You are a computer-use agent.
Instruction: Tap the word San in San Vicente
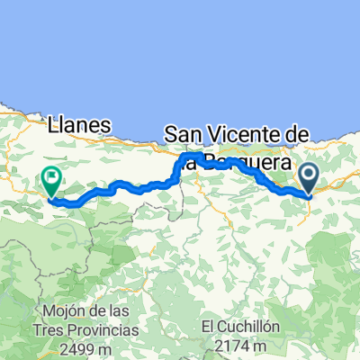pos(183,135)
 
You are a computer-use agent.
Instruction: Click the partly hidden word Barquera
pos(243,164)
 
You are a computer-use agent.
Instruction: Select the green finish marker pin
pos(51,183)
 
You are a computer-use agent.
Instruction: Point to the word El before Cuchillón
pos(210,326)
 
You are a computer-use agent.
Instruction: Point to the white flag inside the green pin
pos(51,178)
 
